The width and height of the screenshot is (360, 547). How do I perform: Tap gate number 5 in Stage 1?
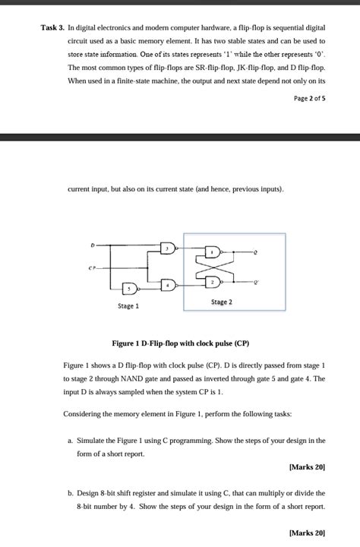point(131,289)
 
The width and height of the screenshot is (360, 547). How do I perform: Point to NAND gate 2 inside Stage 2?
point(215,282)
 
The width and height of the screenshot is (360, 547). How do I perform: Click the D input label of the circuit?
point(93,245)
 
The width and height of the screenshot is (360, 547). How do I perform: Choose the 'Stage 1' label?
point(128,306)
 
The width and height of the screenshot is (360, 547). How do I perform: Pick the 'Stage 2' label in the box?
point(222,302)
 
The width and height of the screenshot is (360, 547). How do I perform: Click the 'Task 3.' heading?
point(52,28)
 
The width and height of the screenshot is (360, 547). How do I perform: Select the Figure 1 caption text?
point(180,343)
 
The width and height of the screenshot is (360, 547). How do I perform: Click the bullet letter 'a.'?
point(71,441)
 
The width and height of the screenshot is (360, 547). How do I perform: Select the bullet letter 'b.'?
point(71,492)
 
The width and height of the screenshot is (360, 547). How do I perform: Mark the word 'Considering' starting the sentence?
point(82,414)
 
